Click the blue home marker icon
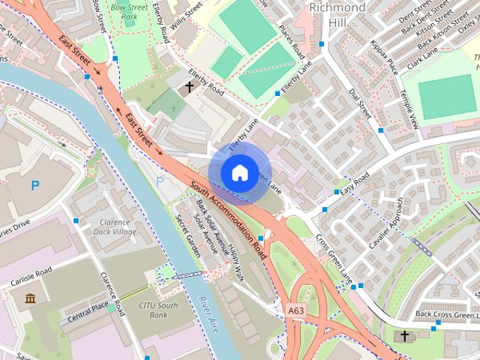coord(239,172)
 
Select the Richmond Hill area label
coord(337,14)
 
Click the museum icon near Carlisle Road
coord(30,300)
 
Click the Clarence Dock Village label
coord(114,227)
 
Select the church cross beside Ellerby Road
coord(189,88)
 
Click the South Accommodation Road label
coord(228,217)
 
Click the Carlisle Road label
coord(31,271)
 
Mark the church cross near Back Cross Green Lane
coord(405,334)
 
